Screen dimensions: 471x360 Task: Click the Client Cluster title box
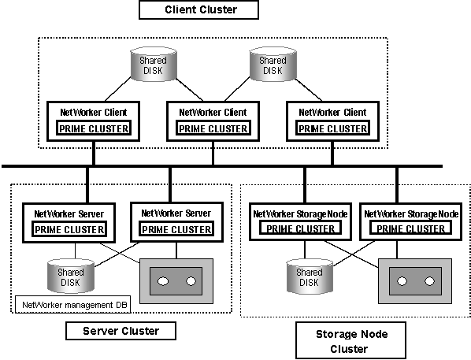click(x=198, y=9)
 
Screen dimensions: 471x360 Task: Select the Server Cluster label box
click(x=121, y=331)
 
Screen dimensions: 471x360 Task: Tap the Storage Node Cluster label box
click(x=350, y=341)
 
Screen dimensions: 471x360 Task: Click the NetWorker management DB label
click(x=72, y=305)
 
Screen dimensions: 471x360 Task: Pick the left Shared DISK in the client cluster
click(x=154, y=64)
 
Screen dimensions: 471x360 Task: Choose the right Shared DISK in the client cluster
click(x=273, y=64)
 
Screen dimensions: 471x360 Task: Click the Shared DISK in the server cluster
click(x=71, y=276)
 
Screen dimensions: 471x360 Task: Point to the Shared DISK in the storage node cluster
click(x=310, y=276)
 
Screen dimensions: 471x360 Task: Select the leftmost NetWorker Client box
click(x=94, y=121)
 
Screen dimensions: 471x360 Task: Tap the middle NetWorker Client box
click(x=213, y=121)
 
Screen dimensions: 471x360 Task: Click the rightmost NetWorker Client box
click(x=332, y=121)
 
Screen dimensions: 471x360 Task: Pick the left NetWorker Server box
click(x=69, y=223)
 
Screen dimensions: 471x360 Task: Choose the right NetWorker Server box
click(x=176, y=222)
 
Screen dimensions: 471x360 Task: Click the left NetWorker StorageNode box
click(x=300, y=221)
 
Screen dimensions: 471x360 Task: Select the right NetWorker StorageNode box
click(x=411, y=221)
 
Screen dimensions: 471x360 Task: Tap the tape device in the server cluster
click(x=176, y=281)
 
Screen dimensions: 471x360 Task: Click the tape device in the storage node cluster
click(x=415, y=281)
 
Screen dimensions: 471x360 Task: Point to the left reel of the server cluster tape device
click(x=163, y=281)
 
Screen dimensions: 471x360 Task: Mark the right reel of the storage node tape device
click(x=429, y=281)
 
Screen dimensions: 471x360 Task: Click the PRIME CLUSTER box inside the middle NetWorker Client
click(x=213, y=128)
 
